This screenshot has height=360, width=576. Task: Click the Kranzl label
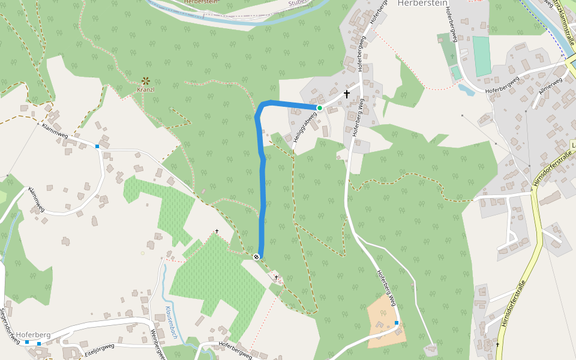tap(146, 90)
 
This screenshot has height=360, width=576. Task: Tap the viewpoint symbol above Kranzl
tap(146, 80)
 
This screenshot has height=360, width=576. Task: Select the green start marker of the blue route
tap(320, 108)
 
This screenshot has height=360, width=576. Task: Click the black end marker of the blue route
tap(257, 257)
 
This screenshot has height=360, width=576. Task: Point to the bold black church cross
tap(346, 94)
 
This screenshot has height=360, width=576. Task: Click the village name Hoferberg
tap(33, 334)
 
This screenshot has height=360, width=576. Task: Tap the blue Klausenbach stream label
tap(170, 323)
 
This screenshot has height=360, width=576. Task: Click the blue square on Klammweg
tap(97, 146)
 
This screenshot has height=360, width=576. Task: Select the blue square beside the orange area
tap(397, 323)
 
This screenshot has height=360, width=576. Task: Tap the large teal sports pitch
tap(481, 56)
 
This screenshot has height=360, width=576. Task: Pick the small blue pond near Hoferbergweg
tap(466, 90)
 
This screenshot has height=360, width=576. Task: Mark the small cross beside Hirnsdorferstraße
tap(497, 344)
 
